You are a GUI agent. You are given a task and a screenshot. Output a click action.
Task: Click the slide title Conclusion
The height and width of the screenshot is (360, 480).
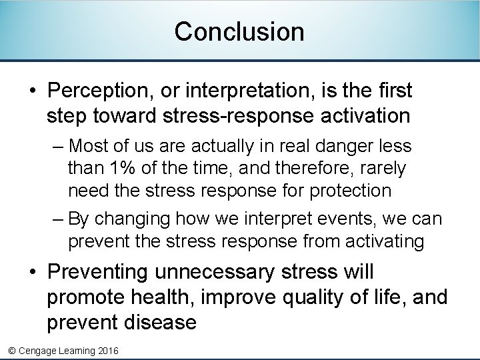239,31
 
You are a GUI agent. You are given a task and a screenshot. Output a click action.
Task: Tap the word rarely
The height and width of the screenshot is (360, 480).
383,168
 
